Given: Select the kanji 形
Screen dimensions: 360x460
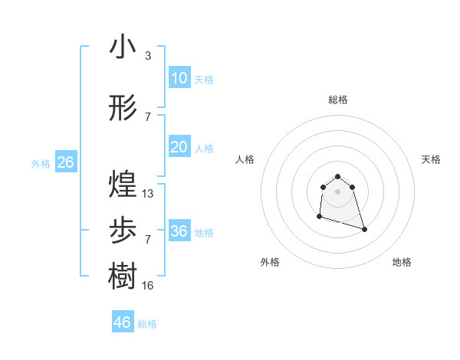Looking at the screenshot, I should coord(123,108).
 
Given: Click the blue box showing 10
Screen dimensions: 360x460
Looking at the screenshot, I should coord(179,78).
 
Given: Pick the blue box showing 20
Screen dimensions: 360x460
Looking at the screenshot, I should coord(179,147).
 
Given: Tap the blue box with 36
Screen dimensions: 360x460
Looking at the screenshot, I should coord(179,231).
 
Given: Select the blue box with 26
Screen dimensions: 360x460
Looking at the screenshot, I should coord(65,162).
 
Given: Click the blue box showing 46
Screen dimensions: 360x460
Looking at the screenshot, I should coord(123,322).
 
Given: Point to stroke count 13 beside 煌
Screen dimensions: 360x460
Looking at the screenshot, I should coord(148,194).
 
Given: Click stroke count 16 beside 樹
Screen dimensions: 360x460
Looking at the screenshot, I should coord(148,286).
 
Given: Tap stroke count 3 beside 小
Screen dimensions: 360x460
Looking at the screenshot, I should coord(148,56).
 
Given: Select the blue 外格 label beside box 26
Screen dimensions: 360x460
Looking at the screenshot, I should coord(41,163).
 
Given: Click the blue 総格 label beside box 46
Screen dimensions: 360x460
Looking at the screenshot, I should coord(147,323).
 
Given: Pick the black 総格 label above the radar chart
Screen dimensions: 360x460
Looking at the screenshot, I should coord(338,100).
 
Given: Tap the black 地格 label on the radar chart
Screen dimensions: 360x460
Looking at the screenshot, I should coord(402,262).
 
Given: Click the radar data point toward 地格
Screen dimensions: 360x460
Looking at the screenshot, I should coord(364,230).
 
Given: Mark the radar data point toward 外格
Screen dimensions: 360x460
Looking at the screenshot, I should coord(319,218).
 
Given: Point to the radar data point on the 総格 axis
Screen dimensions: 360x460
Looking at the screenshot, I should coord(338,176).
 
